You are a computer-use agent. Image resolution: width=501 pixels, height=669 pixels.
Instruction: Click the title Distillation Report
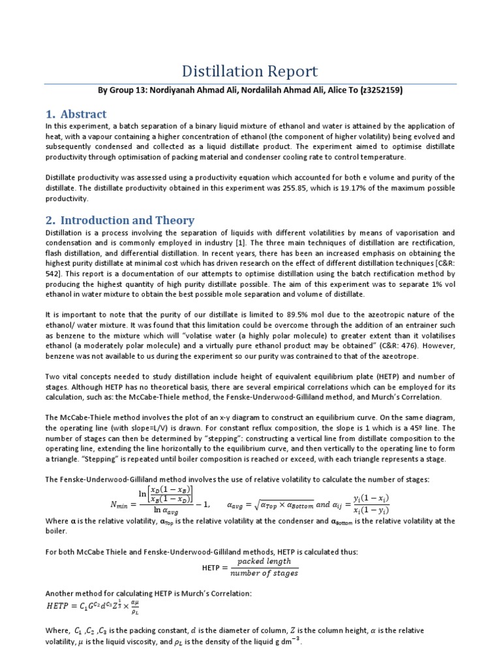tap(250, 71)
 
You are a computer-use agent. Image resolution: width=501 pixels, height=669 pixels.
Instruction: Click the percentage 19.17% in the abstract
tap(382, 188)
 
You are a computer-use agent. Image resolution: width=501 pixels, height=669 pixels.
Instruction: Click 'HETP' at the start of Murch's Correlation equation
tap(61, 606)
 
